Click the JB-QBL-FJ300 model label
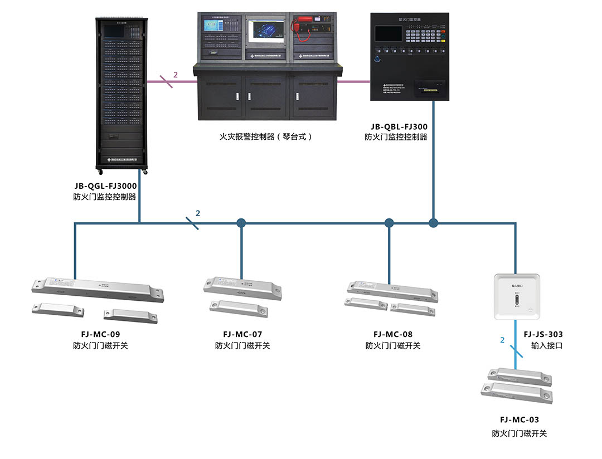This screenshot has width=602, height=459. tap(399, 126)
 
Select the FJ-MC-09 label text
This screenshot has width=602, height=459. tap(100, 334)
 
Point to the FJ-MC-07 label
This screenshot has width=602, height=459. tap(242, 334)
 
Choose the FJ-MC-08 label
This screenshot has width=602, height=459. tap(393, 334)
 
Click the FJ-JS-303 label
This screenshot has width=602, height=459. tap(543, 334)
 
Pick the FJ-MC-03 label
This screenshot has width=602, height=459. tap(520, 419)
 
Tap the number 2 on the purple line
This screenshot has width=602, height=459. tap(176, 74)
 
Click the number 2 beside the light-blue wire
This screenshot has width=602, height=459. tap(502, 340)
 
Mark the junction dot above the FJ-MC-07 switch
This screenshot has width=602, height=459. tap(241, 223)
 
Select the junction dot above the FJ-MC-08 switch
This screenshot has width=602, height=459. tap(389, 223)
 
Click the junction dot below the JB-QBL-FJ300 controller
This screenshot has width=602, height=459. tap(433, 223)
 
